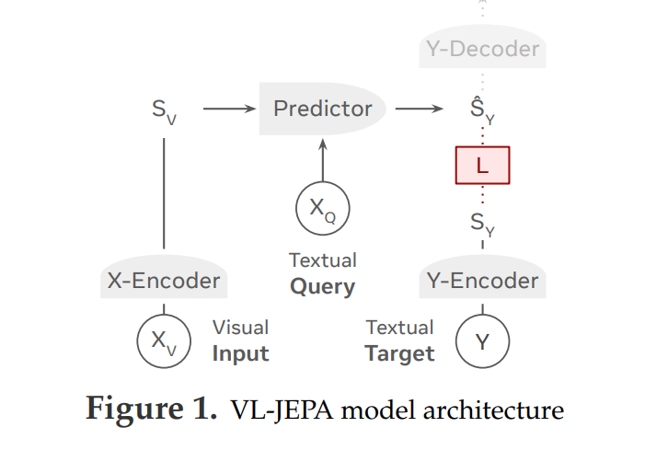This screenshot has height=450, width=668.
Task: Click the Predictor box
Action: pyautogui.click(x=322, y=109)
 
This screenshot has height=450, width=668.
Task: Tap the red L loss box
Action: pyautogui.click(x=482, y=166)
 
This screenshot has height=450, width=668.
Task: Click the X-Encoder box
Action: pyautogui.click(x=164, y=281)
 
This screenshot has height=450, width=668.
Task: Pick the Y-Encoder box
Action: pyautogui.click(x=483, y=281)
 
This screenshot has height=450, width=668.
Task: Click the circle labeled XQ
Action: pyautogui.click(x=322, y=208)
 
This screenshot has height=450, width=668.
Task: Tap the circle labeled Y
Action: pyautogui.click(x=483, y=341)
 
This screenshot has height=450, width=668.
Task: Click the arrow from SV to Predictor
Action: pyautogui.click(x=229, y=109)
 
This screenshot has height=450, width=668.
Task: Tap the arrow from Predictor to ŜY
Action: pyautogui.click(x=419, y=109)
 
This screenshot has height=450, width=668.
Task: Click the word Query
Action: pyautogui.click(x=322, y=286)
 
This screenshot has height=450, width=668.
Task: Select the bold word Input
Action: pyautogui.click(x=240, y=353)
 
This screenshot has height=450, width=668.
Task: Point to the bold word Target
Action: pyautogui.click(x=399, y=353)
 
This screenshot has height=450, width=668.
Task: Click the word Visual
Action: pyautogui.click(x=240, y=328)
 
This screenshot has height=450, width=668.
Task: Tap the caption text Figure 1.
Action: pyautogui.click(x=147, y=409)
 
